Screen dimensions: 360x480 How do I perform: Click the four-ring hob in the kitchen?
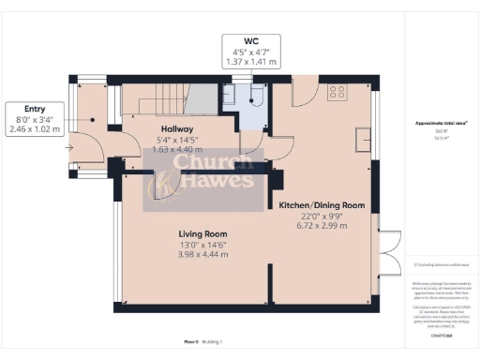pos(337,92)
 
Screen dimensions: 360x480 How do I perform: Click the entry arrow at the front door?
pos(71,147)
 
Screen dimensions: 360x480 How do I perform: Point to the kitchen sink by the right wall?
pos(362,138)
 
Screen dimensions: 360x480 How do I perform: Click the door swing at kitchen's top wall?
pos(304,90)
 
